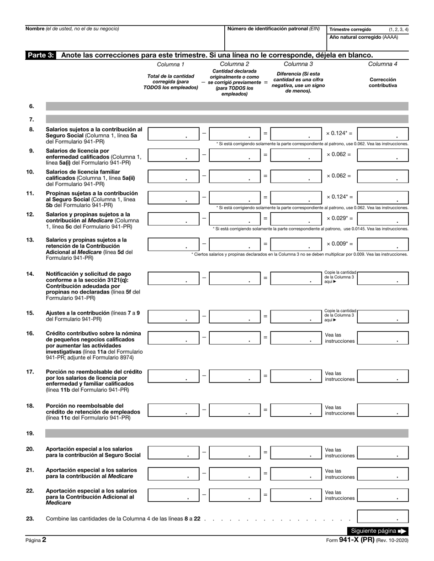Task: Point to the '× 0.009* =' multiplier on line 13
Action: [x=339, y=244]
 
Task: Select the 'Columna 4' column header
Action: [x=383, y=64]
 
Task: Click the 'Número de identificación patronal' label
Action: [x=274, y=29]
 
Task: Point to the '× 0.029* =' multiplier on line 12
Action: [x=339, y=219]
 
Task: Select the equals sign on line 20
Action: [x=265, y=452]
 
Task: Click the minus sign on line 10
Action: [x=204, y=176]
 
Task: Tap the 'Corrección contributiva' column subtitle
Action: [x=383, y=82]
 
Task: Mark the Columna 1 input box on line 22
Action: [x=174, y=495]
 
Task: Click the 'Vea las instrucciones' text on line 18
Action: [x=339, y=410]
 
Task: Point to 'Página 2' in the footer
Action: [x=36, y=540]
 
